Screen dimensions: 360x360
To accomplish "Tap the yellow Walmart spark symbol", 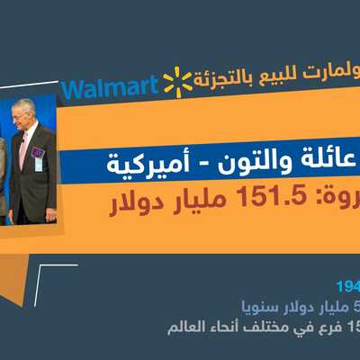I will tap(177, 82).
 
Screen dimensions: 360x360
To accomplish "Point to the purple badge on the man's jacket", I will tap(38, 154).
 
